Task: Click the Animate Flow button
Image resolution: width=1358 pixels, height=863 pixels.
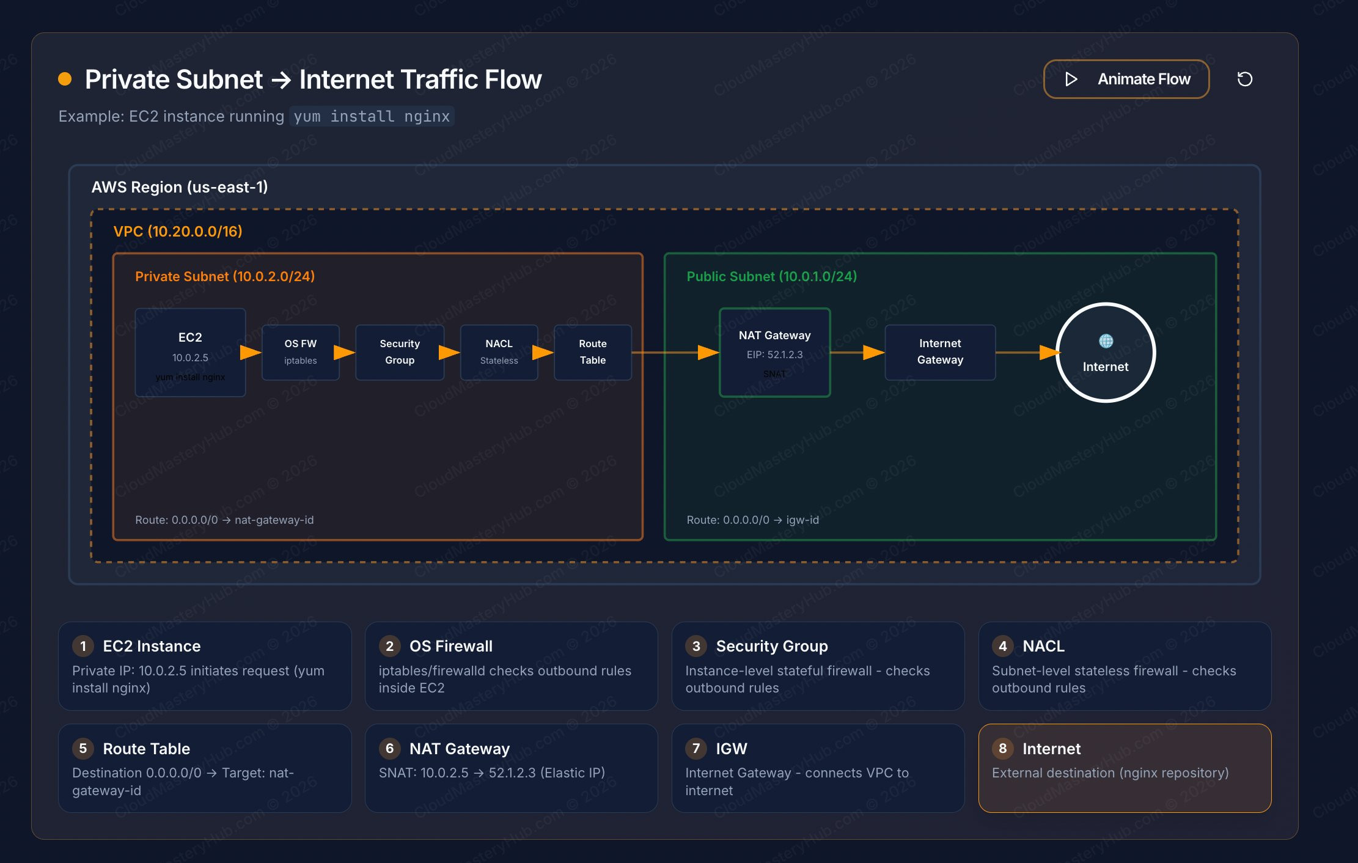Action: click(x=1126, y=79)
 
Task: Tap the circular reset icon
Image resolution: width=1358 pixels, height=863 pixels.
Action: click(x=1244, y=79)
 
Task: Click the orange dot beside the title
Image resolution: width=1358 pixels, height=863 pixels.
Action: click(x=65, y=79)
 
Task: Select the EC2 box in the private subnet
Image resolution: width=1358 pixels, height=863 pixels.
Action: click(x=190, y=353)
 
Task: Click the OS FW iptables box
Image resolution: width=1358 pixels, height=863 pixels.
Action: click(x=300, y=352)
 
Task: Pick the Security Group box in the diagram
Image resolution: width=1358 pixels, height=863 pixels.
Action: click(x=400, y=352)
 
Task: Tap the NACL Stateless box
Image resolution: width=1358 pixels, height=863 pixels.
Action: click(x=499, y=352)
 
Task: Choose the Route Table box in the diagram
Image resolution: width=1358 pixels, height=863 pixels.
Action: click(x=592, y=352)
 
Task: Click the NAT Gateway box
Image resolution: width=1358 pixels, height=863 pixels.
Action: click(x=774, y=353)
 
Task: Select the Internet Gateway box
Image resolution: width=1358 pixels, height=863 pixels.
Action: click(x=939, y=352)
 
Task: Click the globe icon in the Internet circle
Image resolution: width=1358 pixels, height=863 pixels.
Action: click(x=1106, y=341)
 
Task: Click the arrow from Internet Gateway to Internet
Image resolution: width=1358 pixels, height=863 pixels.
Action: click(x=1027, y=353)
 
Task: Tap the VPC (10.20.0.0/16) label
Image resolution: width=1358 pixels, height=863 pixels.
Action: click(x=178, y=232)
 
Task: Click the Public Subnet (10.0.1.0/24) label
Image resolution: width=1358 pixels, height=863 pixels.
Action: click(x=771, y=277)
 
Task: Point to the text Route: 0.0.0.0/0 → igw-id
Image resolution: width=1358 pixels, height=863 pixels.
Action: click(x=752, y=520)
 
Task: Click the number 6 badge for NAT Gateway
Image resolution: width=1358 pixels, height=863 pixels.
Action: click(x=389, y=749)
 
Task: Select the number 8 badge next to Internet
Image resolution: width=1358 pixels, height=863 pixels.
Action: click(x=1002, y=749)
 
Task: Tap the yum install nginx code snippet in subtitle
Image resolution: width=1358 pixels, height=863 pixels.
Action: click(x=372, y=116)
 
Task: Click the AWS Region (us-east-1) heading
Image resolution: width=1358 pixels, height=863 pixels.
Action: click(x=180, y=187)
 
